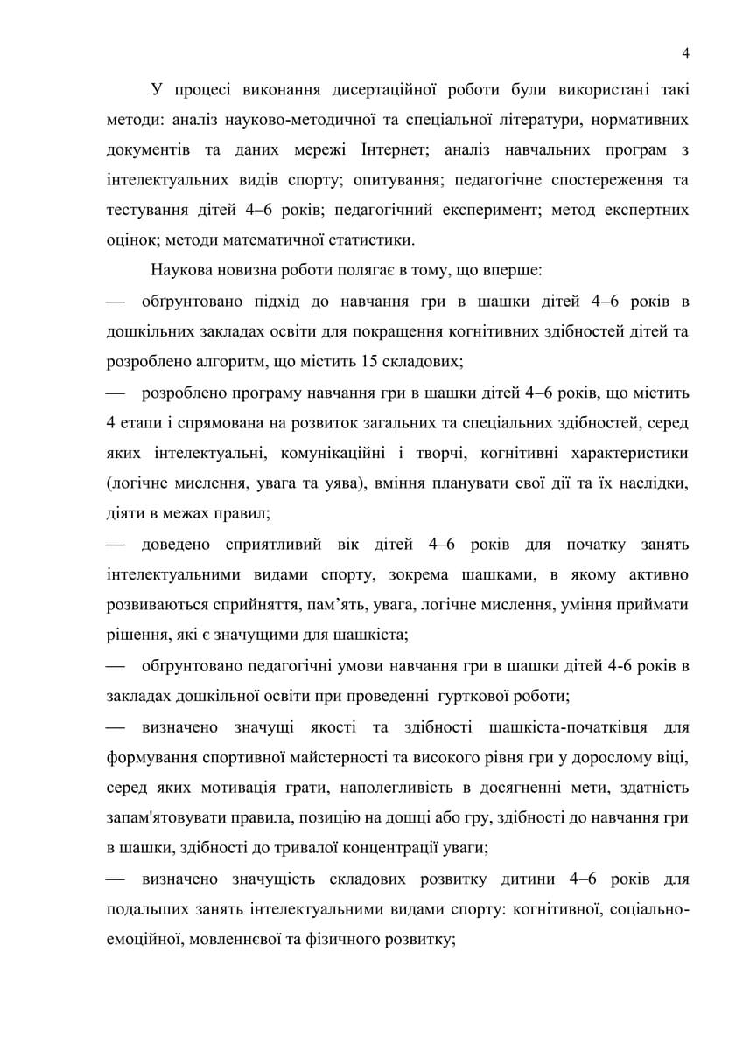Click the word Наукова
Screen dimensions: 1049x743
tap(179, 271)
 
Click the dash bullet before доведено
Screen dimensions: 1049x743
tap(116, 545)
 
